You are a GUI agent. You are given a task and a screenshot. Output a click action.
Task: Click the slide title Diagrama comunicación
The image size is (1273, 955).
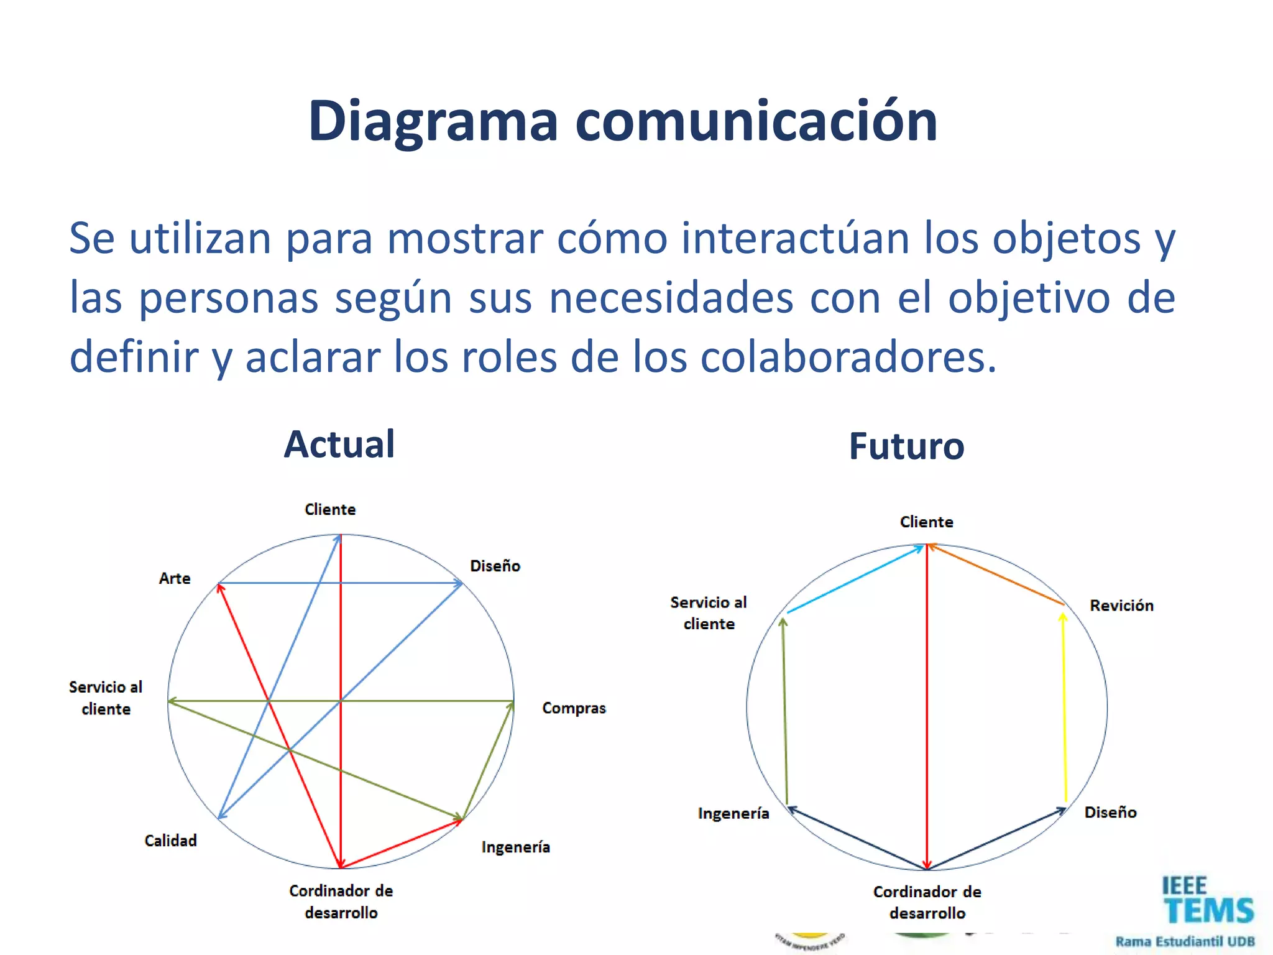(623, 121)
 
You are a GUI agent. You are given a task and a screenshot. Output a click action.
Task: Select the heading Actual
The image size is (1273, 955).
(339, 444)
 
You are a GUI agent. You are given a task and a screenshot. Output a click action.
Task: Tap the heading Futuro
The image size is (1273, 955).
(906, 446)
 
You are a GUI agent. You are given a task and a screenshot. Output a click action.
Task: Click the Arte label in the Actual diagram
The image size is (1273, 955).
(175, 578)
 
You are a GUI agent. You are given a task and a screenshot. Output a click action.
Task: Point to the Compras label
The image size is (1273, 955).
(574, 708)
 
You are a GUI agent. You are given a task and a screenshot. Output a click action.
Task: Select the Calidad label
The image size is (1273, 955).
(170, 841)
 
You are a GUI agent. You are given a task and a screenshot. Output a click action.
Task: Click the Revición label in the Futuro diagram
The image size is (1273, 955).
(1121, 606)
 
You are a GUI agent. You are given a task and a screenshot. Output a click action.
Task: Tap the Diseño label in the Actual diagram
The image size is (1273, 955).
(495, 566)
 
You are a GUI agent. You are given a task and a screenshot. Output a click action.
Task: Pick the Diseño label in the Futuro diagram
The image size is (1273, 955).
(1110, 812)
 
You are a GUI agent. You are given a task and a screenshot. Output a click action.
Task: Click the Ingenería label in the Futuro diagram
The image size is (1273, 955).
(733, 813)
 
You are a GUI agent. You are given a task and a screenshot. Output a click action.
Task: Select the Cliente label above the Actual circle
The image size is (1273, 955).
(330, 509)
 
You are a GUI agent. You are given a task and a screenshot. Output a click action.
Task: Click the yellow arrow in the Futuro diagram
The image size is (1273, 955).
(1064, 709)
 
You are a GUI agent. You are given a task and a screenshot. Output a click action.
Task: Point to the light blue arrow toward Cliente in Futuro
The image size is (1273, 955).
(855, 579)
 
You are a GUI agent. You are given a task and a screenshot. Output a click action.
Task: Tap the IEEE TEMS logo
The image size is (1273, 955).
(1207, 901)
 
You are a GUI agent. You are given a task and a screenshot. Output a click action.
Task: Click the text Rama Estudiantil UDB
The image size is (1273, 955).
(1185, 941)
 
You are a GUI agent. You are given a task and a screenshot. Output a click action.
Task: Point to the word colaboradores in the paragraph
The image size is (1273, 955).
(848, 358)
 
